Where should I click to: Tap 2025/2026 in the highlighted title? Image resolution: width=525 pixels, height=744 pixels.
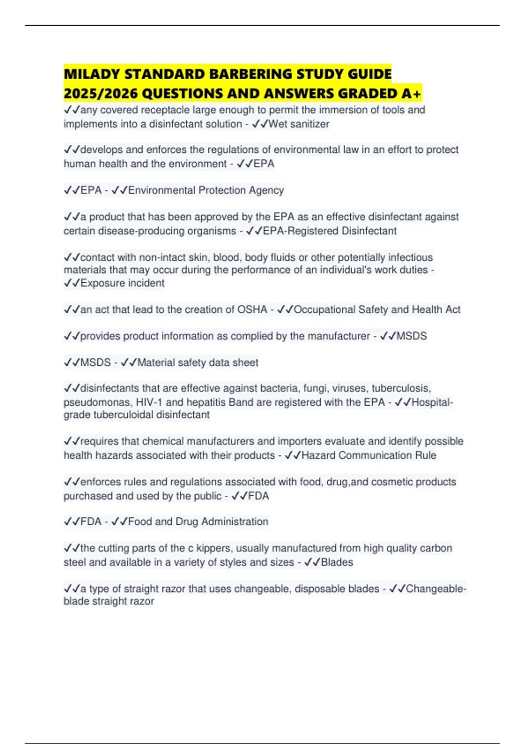(101, 94)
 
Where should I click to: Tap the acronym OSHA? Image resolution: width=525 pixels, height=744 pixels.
(252, 309)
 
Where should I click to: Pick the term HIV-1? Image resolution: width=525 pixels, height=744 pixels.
(149, 402)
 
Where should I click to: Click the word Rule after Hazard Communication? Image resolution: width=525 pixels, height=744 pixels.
(425, 455)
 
